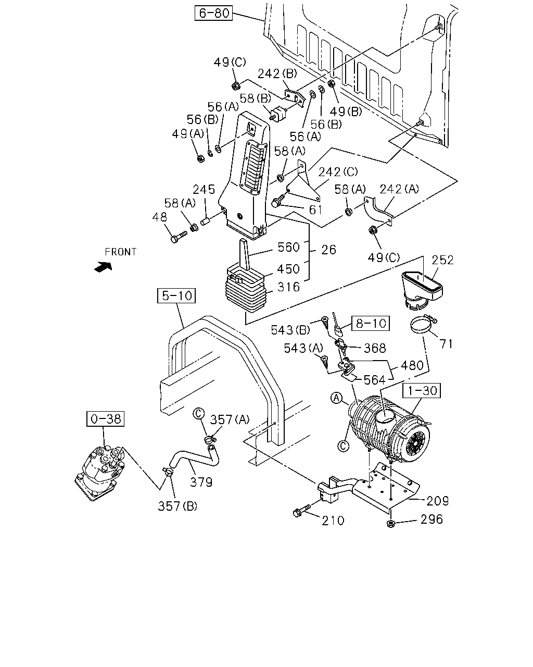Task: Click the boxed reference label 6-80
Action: coord(213,13)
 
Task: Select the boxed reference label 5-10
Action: coord(176,295)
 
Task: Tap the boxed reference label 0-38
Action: coord(105,419)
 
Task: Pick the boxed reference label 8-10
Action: coord(371,324)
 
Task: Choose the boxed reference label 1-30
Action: coord(421,390)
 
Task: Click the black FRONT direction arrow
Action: coord(103,267)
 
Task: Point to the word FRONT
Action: coord(120,252)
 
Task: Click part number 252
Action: coord(442,260)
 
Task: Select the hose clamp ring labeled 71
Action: coord(422,324)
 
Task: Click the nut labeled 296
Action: coord(391,524)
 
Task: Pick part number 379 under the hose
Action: coord(201,482)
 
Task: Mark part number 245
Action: coord(204,189)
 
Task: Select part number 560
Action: coord(288,248)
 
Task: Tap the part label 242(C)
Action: coord(338,171)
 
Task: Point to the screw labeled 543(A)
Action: coord(325,362)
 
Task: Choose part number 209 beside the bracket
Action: coord(438,501)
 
